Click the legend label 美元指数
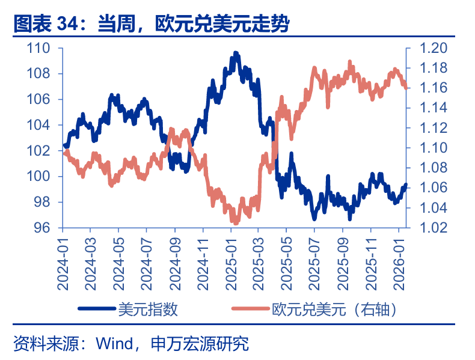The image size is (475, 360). pyautogui.click(x=147, y=309)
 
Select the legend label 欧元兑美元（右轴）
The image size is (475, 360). pyautogui.click(x=334, y=309)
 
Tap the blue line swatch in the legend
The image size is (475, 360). pyautogui.click(x=96, y=309)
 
